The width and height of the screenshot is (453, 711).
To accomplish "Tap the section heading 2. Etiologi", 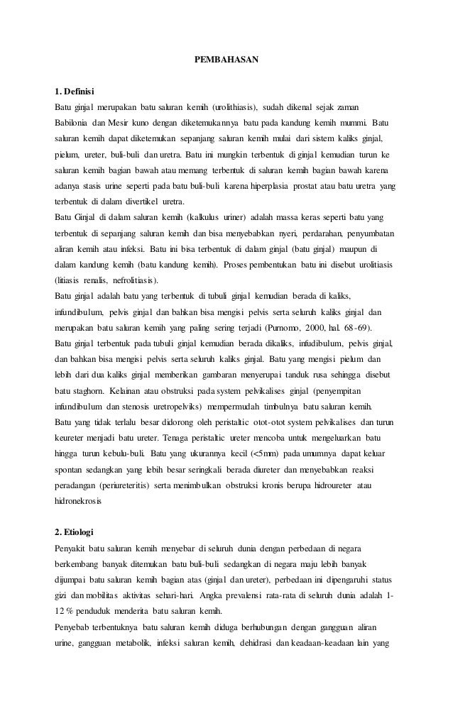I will pyautogui.click(x=77, y=531).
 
